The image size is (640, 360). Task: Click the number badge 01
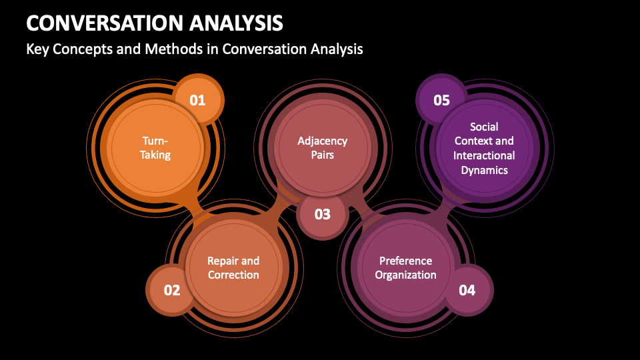[198, 101]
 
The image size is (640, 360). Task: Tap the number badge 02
[172, 290]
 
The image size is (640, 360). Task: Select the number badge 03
[323, 215]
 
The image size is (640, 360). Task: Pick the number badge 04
[467, 290]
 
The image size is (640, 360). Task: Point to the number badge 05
[441, 101]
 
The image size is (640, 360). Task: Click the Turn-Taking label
[156, 148]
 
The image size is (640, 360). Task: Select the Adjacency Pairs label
[323, 148]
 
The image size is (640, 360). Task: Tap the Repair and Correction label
[233, 268]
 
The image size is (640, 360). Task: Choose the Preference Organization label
[405, 268]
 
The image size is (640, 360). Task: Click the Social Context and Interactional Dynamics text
[484, 148]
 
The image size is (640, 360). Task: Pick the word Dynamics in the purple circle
[484, 170]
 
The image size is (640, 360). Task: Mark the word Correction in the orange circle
[233, 275]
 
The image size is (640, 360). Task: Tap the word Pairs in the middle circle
[323, 155]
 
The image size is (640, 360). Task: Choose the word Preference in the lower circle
[405, 261]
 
